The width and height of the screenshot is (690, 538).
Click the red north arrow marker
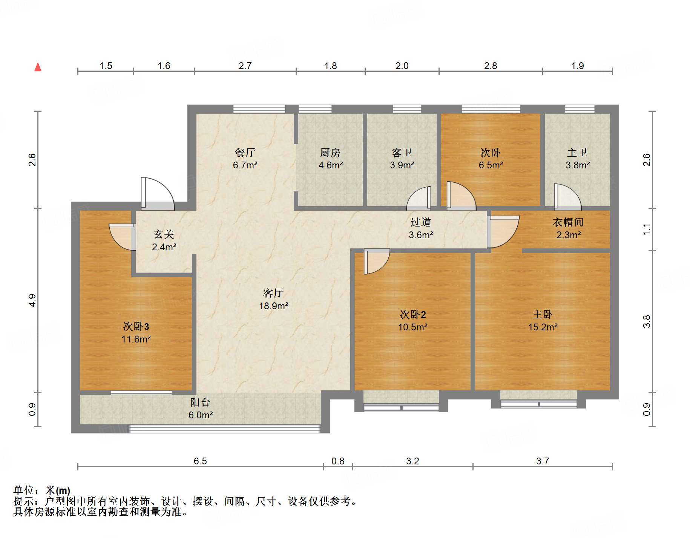(x=38, y=67)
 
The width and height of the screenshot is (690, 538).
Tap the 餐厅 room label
(x=245, y=153)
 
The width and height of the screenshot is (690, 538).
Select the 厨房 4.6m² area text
(x=330, y=165)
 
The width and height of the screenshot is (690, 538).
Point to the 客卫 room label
(x=402, y=153)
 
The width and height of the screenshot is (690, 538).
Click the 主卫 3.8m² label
(x=577, y=159)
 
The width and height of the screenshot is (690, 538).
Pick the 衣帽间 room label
(x=568, y=222)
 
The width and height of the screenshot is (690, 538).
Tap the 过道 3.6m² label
(x=420, y=228)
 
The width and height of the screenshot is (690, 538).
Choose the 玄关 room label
(x=164, y=234)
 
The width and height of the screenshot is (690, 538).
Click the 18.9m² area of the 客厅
(x=273, y=306)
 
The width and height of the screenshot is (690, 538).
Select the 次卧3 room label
(x=136, y=327)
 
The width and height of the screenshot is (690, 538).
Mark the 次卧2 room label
(x=412, y=314)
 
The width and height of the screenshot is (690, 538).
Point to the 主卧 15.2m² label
(x=542, y=321)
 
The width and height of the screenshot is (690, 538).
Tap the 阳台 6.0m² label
(x=200, y=409)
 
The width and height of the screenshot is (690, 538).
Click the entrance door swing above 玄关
(x=158, y=193)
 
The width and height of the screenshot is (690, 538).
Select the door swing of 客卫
(x=419, y=198)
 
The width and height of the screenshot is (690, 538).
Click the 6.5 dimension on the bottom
(x=200, y=461)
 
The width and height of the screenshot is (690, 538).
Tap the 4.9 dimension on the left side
(x=32, y=300)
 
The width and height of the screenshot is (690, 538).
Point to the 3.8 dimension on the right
(x=647, y=321)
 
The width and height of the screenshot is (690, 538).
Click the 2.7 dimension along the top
(x=245, y=66)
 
